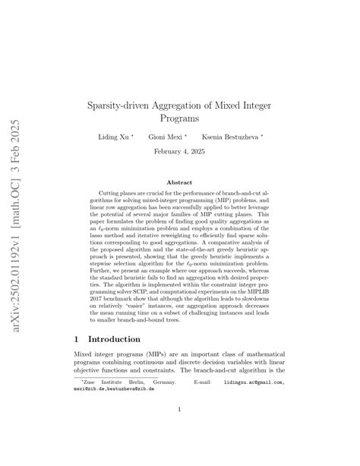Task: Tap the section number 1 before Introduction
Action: pos(77,339)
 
